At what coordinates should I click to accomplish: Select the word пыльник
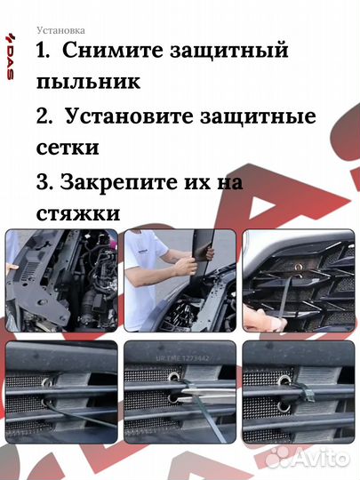coord(88,83)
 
